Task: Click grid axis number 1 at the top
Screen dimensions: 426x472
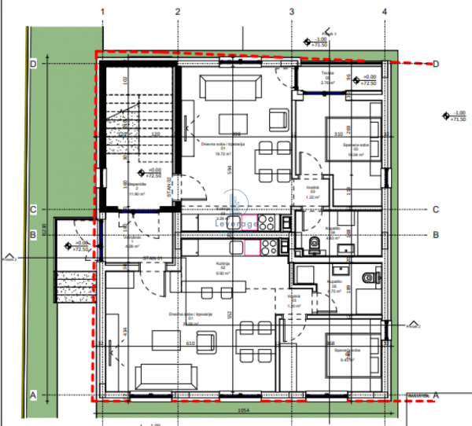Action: pos(103,12)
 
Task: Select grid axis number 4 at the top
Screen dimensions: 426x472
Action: pos(384,12)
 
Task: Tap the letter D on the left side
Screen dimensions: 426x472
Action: pos(34,64)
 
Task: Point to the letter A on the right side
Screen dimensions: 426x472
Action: pos(435,395)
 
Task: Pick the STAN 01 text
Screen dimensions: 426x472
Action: pos(152,258)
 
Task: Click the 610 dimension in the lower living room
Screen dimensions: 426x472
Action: pos(190,343)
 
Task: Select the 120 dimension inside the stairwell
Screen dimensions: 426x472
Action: pos(155,134)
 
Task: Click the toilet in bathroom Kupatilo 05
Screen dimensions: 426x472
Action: pos(367,277)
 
